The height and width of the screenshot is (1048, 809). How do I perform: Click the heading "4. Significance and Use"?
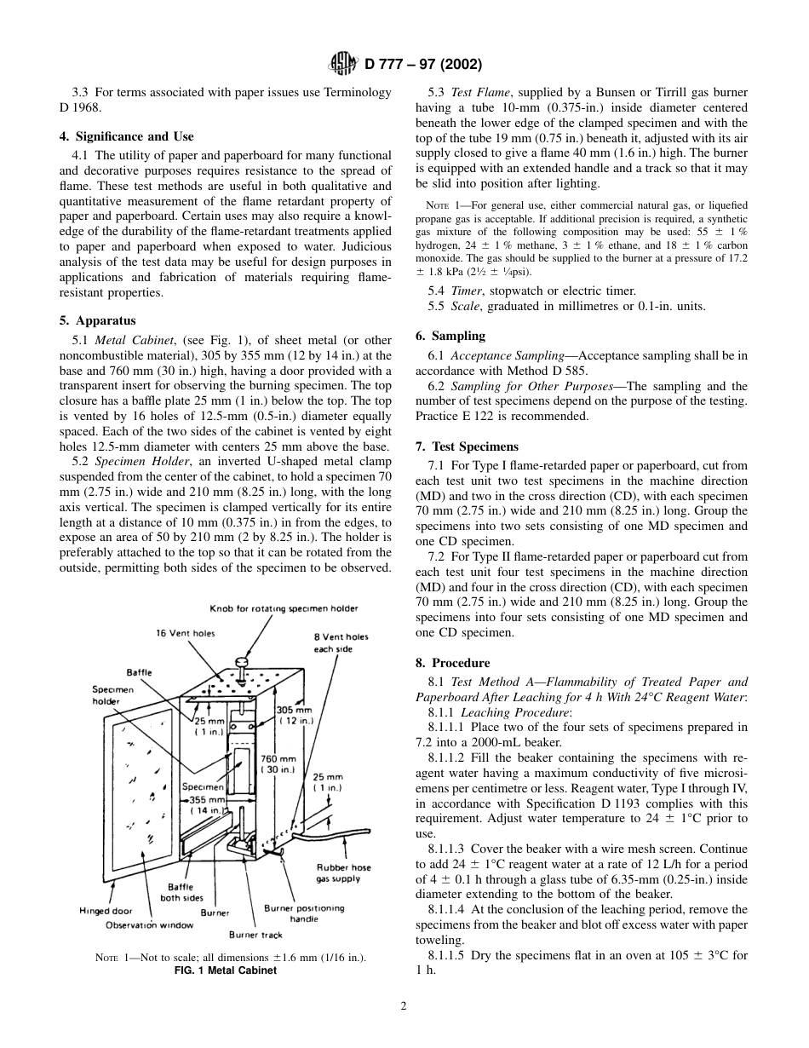click(135, 136)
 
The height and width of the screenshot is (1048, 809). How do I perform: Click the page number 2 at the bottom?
click(404, 1005)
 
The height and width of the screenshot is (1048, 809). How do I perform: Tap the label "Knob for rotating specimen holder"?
click(284, 608)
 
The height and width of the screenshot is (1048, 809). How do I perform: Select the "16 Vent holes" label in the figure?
click(186, 633)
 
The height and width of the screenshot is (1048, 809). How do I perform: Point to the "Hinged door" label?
click(106, 911)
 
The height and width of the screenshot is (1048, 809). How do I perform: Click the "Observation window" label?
click(149, 924)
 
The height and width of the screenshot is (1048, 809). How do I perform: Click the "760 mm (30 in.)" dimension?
click(278, 764)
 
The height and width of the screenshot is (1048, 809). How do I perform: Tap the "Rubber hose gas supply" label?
click(343, 872)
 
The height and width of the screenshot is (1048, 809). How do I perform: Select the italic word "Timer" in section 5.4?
click(466, 291)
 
